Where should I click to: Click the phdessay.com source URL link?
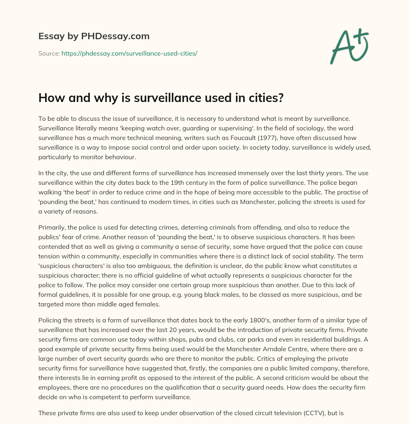(x=129, y=53)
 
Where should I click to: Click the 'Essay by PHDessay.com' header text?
(x=94, y=36)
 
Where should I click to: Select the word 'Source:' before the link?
(x=49, y=53)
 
